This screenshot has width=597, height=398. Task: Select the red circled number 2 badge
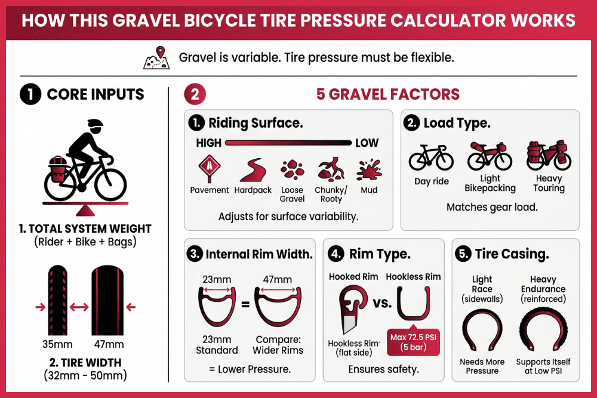coord(195,94)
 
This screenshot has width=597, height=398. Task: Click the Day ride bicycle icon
coord(430,158)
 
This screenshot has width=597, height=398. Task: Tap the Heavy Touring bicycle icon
coord(548,156)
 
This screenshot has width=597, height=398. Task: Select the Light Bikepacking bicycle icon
coord(490,156)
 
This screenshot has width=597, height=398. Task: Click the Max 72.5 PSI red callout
coord(413,341)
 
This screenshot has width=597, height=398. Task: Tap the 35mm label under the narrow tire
coord(59,344)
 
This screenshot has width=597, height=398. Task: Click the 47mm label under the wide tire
coord(108,344)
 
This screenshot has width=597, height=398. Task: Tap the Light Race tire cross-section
coord(482,332)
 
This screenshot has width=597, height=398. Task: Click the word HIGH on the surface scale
coord(208,143)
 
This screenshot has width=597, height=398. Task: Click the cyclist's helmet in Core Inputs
coord(94,126)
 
